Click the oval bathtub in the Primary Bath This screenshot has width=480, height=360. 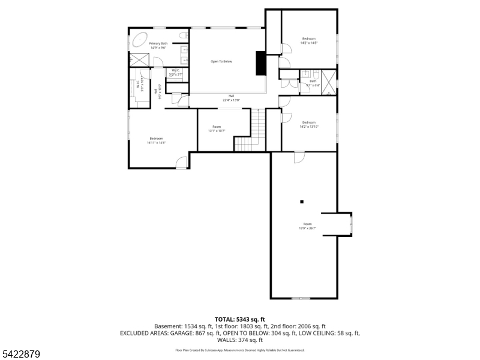[140, 40]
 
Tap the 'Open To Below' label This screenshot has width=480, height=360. [221, 61]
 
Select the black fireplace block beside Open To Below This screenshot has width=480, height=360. [261, 63]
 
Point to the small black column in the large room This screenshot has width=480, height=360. [302, 202]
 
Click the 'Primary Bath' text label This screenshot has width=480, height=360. [158, 43]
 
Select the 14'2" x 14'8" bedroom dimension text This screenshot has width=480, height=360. [308, 43]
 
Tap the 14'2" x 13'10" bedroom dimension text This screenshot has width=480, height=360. [308, 127]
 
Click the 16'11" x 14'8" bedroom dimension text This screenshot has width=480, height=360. [156, 143]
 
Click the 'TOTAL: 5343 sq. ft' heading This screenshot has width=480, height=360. [240, 319]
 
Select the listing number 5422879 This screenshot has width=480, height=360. [20, 355]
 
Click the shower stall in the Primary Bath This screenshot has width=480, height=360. [139, 59]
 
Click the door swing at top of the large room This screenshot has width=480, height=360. [298, 157]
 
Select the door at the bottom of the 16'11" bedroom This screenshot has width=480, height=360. [181, 163]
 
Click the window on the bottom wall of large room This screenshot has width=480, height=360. [300, 298]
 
